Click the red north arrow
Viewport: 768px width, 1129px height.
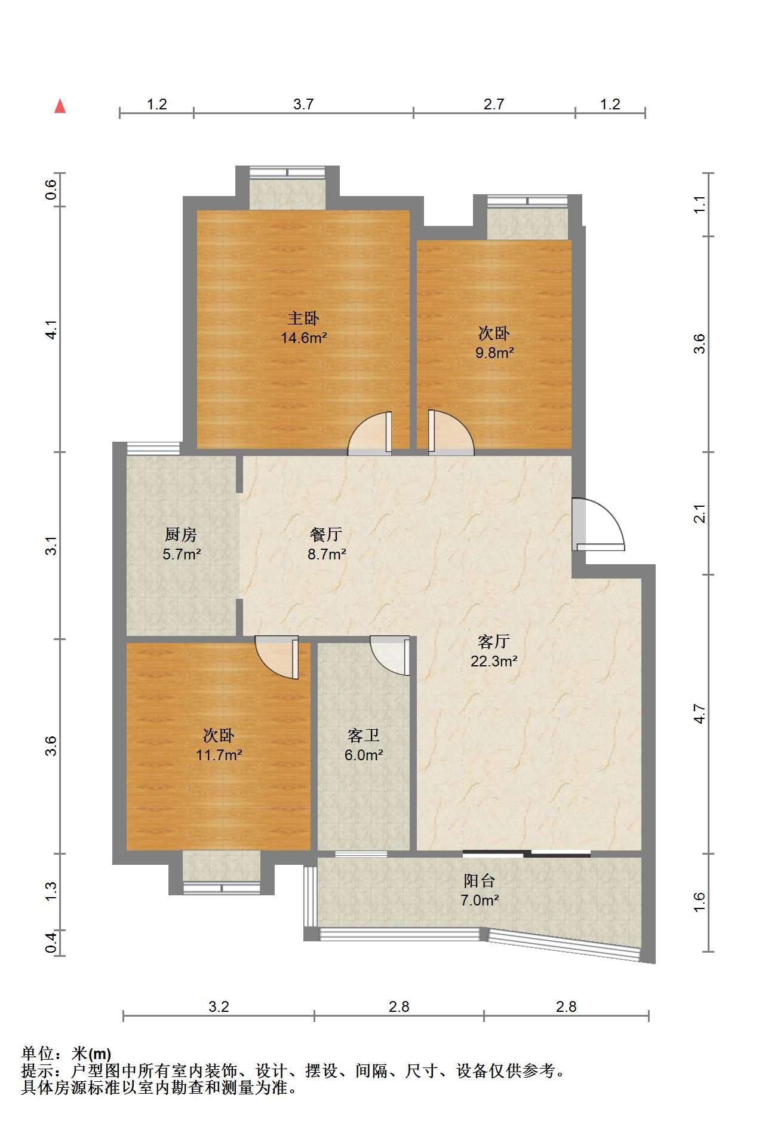click(x=60, y=106)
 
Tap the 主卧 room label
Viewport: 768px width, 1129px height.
click(x=304, y=319)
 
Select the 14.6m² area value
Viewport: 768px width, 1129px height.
click(x=304, y=338)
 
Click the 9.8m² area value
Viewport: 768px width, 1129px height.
click(x=494, y=353)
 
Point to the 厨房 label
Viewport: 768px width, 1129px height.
click(x=181, y=534)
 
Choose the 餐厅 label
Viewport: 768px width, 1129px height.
click(x=327, y=534)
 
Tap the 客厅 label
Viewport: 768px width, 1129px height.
click(x=494, y=642)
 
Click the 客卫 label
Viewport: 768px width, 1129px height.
click(x=364, y=735)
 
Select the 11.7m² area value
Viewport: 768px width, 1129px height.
click(x=219, y=755)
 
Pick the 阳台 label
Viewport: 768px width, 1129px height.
click(x=480, y=880)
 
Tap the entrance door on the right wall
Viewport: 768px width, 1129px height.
click(x=598, y=524)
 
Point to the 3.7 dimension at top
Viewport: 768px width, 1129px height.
click(x=303, y=104)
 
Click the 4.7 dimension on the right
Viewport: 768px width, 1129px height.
click(x=700, y=714)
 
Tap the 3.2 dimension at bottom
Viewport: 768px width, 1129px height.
click(x=219, y=1006)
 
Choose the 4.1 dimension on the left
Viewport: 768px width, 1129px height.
click(x=51, y=330)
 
